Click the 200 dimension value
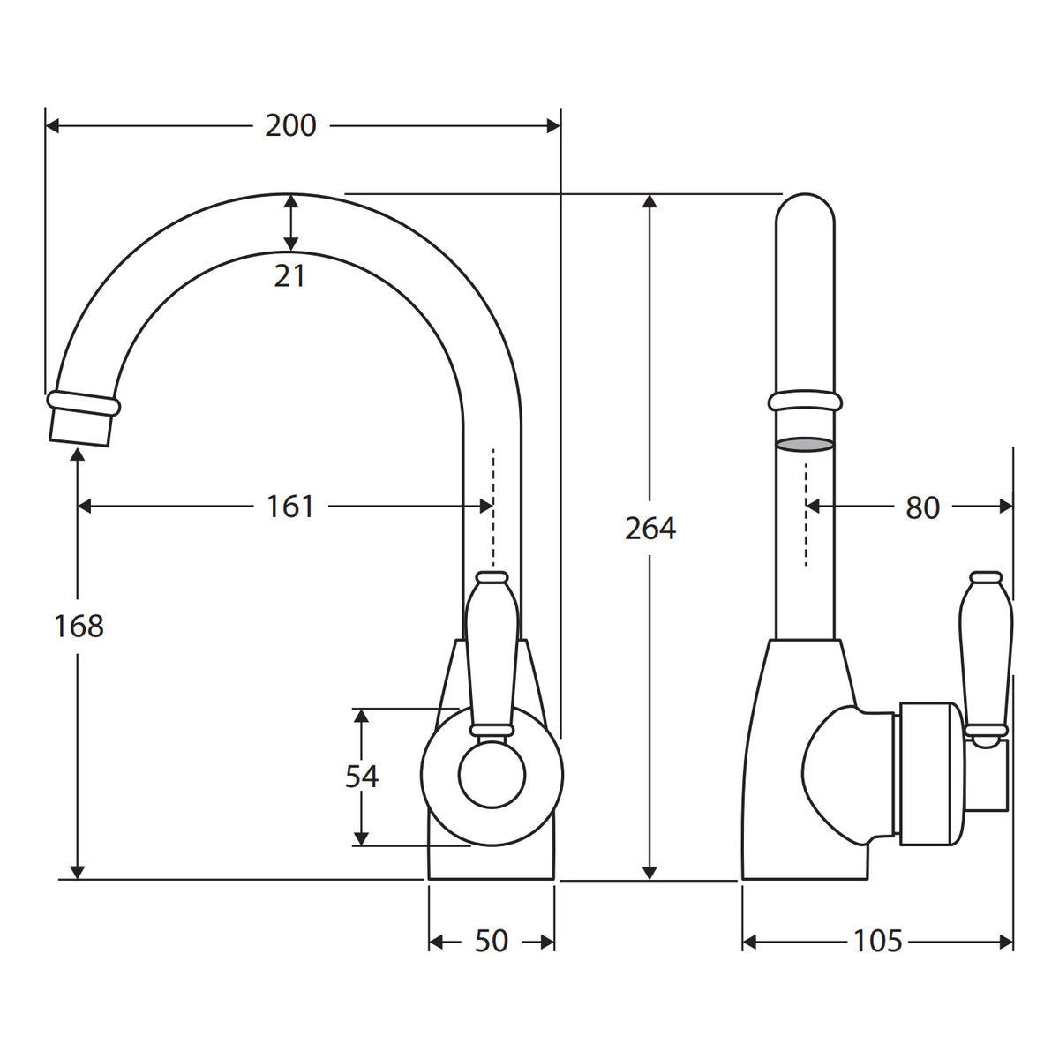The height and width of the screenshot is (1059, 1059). tap(290, 126)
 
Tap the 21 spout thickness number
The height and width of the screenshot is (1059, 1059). tap(289, 276)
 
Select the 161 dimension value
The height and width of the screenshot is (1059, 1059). tap(290, 507)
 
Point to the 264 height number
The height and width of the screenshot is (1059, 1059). tap(650, 529)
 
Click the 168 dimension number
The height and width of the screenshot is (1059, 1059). tap(79, 626)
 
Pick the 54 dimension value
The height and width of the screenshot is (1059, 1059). tap(362, 777)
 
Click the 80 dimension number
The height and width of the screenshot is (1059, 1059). tap(923, 507)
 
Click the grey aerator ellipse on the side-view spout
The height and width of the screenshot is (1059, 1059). tap(805, 444)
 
